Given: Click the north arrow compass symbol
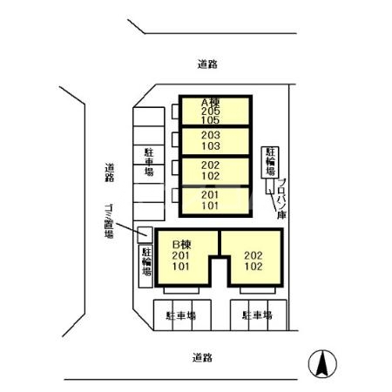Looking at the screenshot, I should point(322,362).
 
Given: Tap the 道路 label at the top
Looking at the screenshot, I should point(206,64).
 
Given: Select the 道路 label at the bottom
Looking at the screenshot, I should point(203,357).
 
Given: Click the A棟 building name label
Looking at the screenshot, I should point(209,101).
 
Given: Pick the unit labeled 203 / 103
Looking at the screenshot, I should point(209,141).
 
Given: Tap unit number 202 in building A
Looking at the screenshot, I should point(209,165).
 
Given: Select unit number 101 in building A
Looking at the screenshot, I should point(209,206).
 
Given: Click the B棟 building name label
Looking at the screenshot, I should point(181,243).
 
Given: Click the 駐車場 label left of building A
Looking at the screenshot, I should point(149,161).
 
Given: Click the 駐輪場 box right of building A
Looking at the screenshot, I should point(269,163).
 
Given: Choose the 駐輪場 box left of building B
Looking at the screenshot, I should point(145,266).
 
